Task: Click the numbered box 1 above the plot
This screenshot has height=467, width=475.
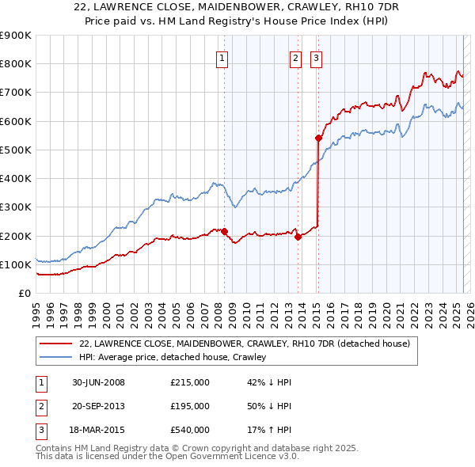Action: point(222,58)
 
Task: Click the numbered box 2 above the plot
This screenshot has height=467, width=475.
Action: point(295,58)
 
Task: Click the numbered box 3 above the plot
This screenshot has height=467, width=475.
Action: point(316,58)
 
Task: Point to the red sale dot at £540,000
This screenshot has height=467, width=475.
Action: point(318,138)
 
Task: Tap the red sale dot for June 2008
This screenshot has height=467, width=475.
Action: point(224,231)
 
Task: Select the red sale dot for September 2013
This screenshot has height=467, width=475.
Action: point(298,237)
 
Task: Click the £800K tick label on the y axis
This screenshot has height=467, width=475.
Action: point(15,63)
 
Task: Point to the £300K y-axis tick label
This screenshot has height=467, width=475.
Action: point(15,207)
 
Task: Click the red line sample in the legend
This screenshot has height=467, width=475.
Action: point(55,344)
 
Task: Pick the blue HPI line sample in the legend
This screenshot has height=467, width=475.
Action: point(55,357)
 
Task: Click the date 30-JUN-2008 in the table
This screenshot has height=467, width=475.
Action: point(98,382)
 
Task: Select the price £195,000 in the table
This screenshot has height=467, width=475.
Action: point(190,406)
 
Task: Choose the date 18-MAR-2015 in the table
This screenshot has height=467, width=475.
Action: point(98,430)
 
